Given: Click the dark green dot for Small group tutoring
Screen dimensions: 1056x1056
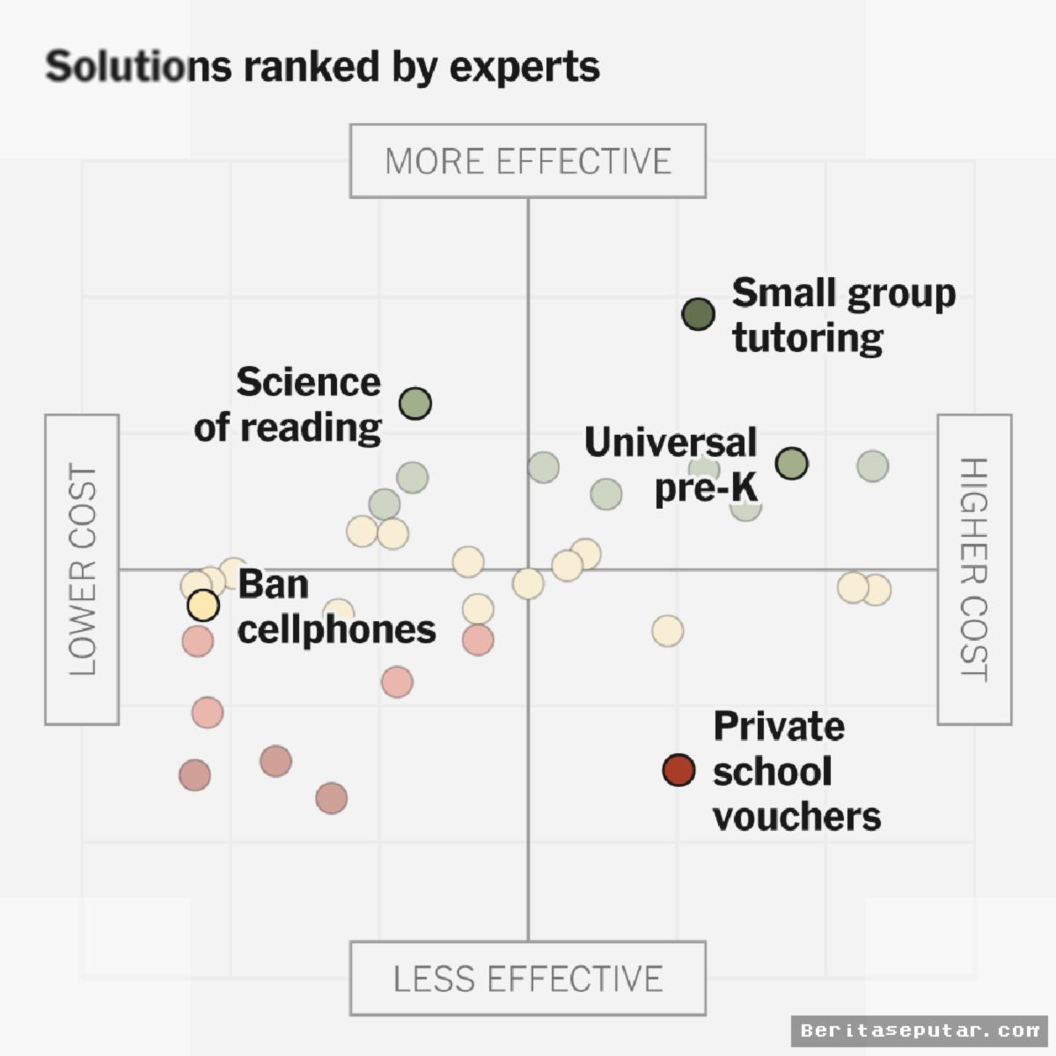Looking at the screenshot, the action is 698,314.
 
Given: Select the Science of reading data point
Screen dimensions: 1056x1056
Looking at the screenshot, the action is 415,403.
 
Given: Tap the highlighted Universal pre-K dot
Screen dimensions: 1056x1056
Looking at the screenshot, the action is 792,463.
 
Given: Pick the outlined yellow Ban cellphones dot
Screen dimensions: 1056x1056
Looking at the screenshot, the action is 203,605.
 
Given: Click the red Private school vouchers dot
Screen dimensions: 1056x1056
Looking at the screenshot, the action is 679,770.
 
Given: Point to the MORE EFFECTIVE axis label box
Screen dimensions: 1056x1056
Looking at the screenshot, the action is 528,161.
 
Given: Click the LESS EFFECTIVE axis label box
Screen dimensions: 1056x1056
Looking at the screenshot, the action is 528,979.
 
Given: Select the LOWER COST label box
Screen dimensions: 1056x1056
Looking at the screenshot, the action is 82,570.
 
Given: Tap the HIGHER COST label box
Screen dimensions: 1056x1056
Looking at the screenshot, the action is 975,570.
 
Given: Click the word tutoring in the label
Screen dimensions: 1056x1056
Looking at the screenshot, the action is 808,338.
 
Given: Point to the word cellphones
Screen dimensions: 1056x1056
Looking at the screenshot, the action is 337,630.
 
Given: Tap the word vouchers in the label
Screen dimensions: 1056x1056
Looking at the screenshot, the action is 797,817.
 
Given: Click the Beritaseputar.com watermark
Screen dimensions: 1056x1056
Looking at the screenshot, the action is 920,1030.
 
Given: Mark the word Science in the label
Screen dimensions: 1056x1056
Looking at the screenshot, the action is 309,382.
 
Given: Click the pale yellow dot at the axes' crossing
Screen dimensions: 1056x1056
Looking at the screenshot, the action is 528,583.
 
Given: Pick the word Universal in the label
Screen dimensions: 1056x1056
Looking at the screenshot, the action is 671,443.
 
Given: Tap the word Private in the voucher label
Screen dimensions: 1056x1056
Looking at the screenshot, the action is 779,727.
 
